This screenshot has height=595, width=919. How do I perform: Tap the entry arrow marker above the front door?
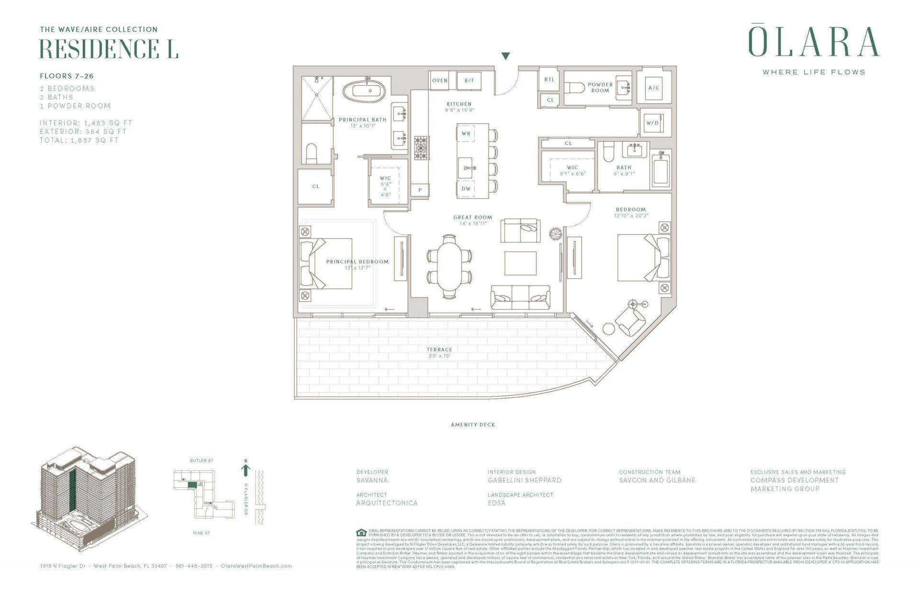pyautogui.click(x=505, y=56)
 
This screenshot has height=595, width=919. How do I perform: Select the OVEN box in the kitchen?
pyautogui.click(x=439, y=80)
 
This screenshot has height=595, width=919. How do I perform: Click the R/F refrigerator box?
pyautogui.click(x=469, y=80)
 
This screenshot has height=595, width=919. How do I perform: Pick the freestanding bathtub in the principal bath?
pyautogui.click(x=367, y=90)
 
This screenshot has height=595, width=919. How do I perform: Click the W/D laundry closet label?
pyautogui.click(x=652, y=123)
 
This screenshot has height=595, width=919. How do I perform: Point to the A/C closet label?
pyautogui.click(x=654, y=88)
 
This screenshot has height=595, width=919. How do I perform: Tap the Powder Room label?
pyautogui.click(x=600, y=87)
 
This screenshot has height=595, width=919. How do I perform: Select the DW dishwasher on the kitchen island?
pyautogui.click(x=466, y=189)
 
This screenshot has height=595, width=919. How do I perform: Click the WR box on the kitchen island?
pyautogui.click(x=466, y=134)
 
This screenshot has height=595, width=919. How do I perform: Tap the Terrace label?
pyautogui.click(x=439, y=350)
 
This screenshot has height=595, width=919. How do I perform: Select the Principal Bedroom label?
pyautogui.click(x=357, y=262)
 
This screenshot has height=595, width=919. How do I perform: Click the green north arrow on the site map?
pyautogui.click(x=246, y=469)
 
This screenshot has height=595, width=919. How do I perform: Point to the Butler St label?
pyautogui.click(x=202, y=460)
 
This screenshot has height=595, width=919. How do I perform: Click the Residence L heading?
pyautogui.click(x=109, y=49)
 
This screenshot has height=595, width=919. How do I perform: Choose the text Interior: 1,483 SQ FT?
pyautogui.click(x=86, y=123)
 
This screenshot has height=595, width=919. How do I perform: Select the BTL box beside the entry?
pyautogui.click(x=549, y=80)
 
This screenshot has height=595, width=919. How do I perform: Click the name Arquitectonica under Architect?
pyautogui.click(x=387, y=503)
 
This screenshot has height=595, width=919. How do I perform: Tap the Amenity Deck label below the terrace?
pyautogui.click(x=472, y=425)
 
